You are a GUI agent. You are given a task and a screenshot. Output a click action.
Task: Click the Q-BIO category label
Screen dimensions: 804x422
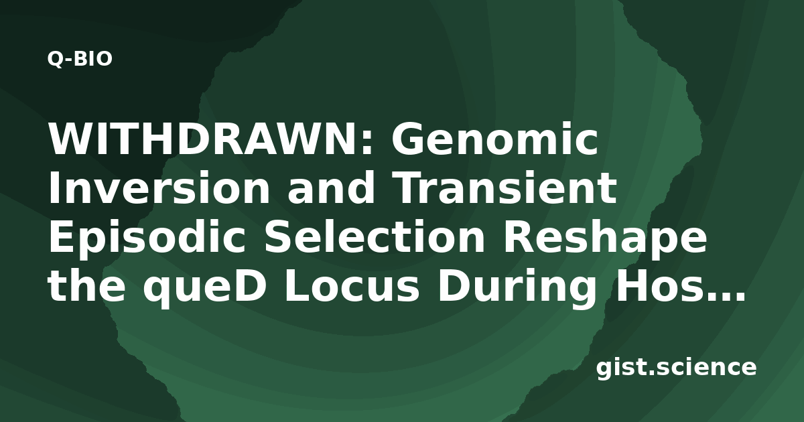[x=80, y=59]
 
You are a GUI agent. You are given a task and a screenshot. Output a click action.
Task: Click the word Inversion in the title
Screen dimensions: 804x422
[x=159, y=188]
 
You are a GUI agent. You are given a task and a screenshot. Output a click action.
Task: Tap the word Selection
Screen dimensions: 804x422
[x=375, y=236]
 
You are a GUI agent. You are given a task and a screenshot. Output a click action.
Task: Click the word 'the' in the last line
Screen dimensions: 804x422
[x=86, y=285]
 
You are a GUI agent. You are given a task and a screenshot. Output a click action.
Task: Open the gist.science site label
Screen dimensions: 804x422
[x=676, y=368]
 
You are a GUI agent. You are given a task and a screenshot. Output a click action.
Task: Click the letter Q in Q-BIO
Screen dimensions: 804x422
[x=54, y=59]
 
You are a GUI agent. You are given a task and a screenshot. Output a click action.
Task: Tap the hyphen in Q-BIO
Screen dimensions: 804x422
[x=68, y=61]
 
